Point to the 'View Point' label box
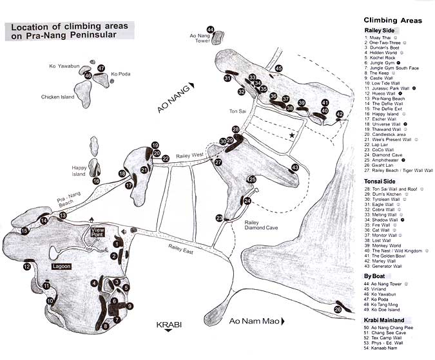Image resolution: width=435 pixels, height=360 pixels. pyautogui.click(x=97, y=232)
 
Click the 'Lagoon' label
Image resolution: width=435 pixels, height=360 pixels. pyautogui.click(x=62, y=265)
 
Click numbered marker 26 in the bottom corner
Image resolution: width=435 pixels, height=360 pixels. pyautogui.click(x=339, y=310)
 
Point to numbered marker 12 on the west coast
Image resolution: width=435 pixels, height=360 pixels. pyautogui.click(x=27, y=266)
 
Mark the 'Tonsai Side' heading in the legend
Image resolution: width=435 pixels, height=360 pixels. pyautogui.click(x=381, y=181)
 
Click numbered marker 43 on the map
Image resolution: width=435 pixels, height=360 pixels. pyautogui.click(x=295, y=167)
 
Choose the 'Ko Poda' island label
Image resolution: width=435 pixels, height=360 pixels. pyautogui.click(x=121, y=74)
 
